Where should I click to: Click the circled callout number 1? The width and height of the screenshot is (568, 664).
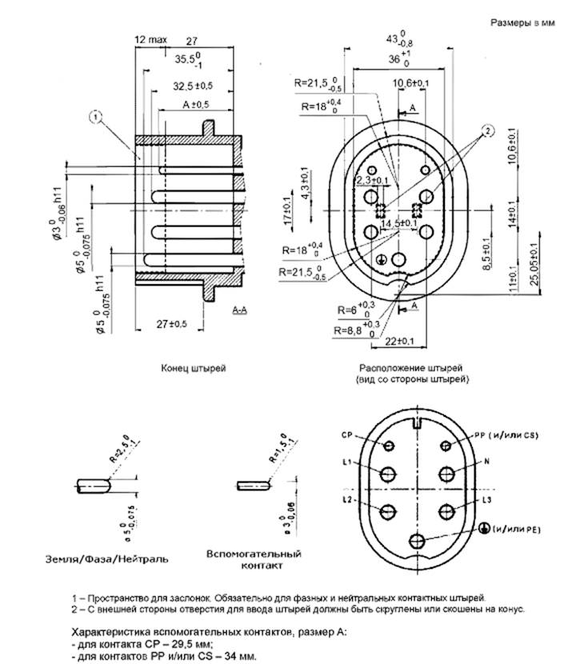pyautogui.click(x=95, y=117)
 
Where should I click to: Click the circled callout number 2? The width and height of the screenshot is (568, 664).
pyautogui.click(x=487, y=131)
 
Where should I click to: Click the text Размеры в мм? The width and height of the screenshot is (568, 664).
pyautogui.click(x=522, y=23)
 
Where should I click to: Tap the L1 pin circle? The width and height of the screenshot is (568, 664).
pyautogui.click(x=388, y=474)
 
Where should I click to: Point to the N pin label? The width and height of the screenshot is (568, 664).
pyautogui.click(x=487, y=462)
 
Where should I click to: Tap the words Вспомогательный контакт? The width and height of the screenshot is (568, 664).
pyautogui.click(x=254, y=559)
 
